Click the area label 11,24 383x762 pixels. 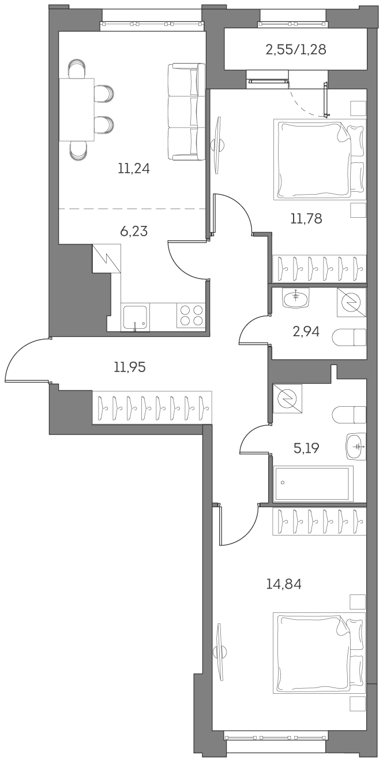tap(134, 169)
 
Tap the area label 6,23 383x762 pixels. tap(134, 231)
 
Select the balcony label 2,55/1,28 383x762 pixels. tap(295, 50)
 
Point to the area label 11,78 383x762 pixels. tap(306, 218)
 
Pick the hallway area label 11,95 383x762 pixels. tap(130, 366)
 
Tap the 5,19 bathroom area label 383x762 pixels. tap(306, 448)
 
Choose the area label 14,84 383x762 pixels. tap(284, 584)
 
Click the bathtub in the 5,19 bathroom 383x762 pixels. tap(314, 484)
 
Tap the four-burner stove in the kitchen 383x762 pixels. tap(191, 315)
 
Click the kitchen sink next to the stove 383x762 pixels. tap(135, 317)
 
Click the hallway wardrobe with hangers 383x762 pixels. tap(152, 407)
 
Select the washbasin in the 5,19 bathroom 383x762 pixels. tap(356, 447)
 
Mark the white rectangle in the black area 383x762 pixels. tap(119, 463)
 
